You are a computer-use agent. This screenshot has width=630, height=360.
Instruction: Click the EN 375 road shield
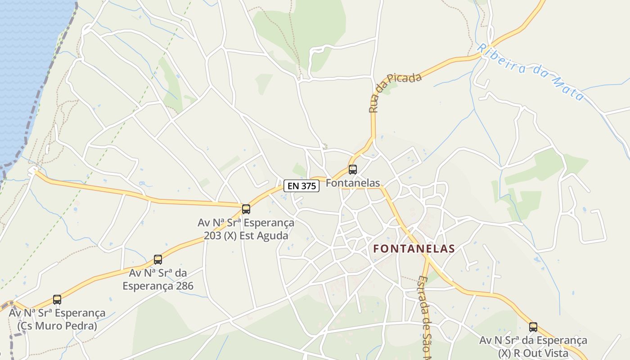coord(301,185)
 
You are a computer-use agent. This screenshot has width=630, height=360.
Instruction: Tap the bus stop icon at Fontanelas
coord(353,170)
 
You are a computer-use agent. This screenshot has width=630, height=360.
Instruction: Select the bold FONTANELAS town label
coord(414,248)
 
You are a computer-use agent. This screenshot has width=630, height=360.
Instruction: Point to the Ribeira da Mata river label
coord(531,72)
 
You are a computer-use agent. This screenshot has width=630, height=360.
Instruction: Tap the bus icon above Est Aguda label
coord(246,209)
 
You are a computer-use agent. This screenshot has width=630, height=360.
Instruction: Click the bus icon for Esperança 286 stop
coord(157,260)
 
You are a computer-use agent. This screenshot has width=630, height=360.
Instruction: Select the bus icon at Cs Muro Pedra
coord(57,300)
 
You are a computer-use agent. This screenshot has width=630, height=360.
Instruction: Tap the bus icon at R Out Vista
coord(533,327)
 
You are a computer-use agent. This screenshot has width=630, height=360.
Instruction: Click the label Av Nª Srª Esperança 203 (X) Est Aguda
coord(246,229)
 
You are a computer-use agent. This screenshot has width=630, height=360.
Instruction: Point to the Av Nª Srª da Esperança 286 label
coord(158,279)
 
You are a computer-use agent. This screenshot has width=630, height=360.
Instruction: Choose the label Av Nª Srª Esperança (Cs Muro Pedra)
coord(57,319)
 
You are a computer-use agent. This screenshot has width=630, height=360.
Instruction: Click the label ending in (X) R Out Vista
coord(533,347)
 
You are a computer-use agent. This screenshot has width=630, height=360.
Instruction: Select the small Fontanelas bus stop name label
coord(353,183)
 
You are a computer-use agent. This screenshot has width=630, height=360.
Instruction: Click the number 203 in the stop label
coord(212,235)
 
